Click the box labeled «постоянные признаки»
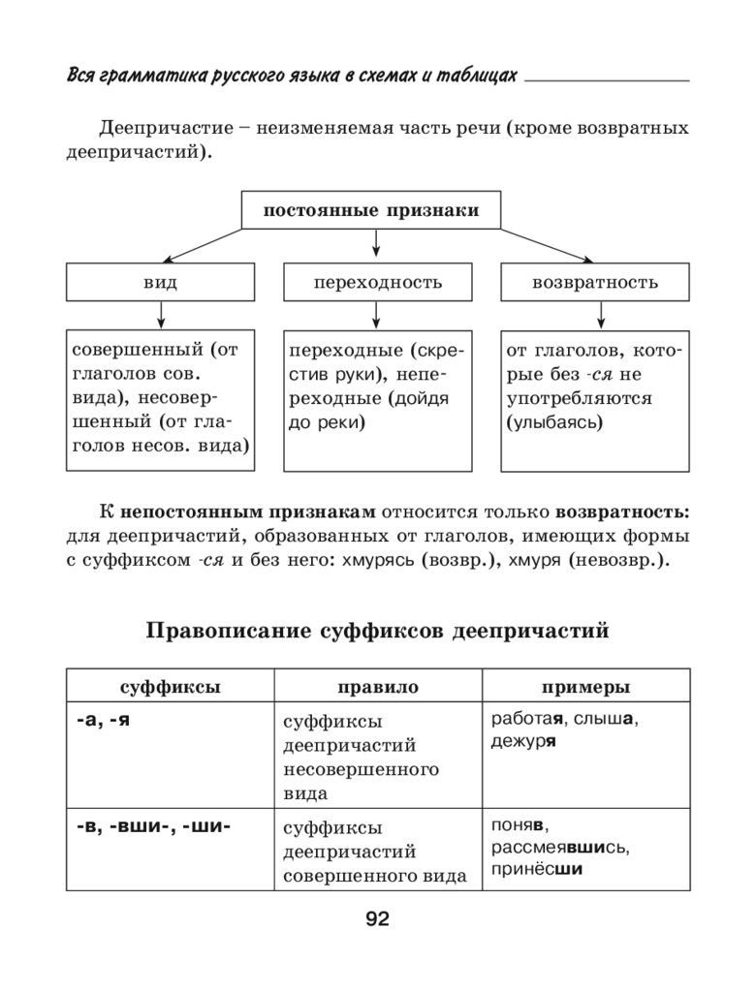point(371,210)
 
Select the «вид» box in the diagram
point(160,282)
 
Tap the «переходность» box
point(377,282)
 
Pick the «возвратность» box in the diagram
point(594,282)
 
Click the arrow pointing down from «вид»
point(160,315)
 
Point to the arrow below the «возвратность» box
point(601,315)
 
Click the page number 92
point(377,919)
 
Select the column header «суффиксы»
point(170,687)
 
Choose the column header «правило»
point(378,687)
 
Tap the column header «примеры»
point(585,687)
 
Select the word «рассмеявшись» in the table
point(559,849)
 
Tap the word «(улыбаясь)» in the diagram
point(553,422)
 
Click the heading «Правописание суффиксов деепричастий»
point(377,632)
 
